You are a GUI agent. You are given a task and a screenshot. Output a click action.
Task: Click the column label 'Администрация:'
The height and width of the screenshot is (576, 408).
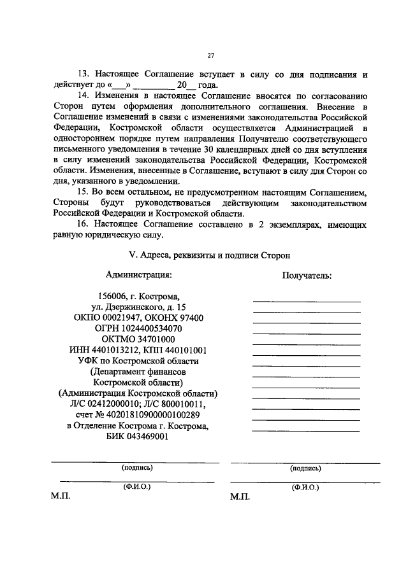(138, 276)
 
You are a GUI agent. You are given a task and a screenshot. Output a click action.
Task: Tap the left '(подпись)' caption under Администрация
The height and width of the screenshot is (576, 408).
(137, 468)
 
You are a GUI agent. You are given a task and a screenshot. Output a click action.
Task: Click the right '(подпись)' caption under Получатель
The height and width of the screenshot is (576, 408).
(305, 468)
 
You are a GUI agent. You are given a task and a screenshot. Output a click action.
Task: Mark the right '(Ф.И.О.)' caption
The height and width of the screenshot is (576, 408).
(305, 487)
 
